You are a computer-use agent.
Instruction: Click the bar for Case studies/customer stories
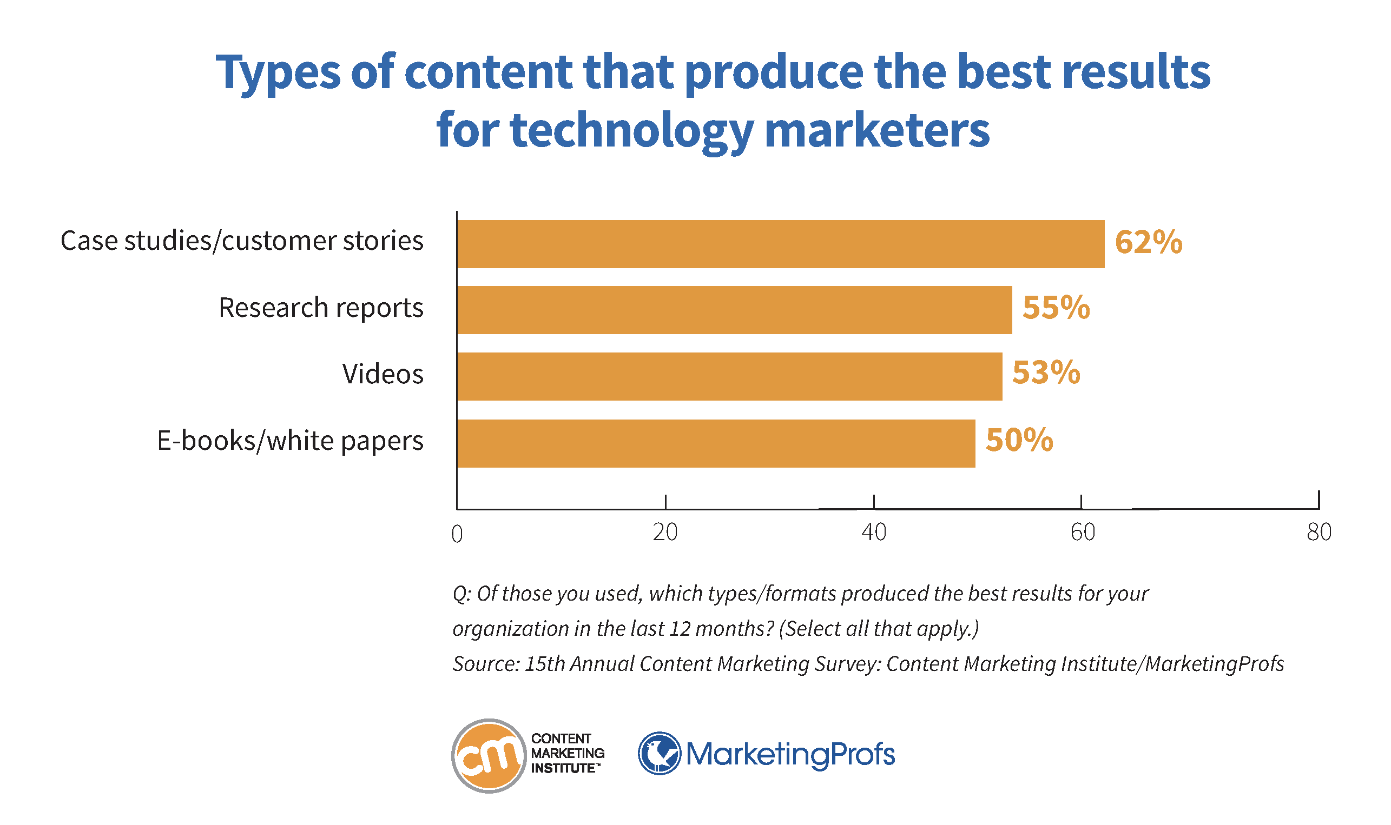[x=780, y=244]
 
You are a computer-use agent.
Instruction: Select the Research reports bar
[x=734, y=310]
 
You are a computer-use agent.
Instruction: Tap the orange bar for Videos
[x=729, y=376]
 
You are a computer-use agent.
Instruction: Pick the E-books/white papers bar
[x=716, y=443]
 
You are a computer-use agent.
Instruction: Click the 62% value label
[x=1149, y=242]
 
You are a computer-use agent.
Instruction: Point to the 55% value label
[x=1056, y=308]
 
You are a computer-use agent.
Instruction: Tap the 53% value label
[x=1046, y=372]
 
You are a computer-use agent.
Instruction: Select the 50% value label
[x=1019, y=440]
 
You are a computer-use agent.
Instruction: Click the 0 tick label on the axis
[x=457, y=534]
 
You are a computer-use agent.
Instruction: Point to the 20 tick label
[x=665, y=533]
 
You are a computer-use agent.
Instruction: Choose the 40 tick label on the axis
[x=874, y=533]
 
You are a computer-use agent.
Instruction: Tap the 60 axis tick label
[x=1082, y=533]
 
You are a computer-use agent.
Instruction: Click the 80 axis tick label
[x=1319, y=533]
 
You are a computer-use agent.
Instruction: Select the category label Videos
[x=383, y=374]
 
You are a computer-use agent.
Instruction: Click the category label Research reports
[x=321, y=308]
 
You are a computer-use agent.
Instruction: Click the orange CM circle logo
[x=489, y=755]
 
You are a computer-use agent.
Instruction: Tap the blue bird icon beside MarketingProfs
[x=659, y=753]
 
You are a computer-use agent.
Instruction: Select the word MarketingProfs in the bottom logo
[x=790, y=754]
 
